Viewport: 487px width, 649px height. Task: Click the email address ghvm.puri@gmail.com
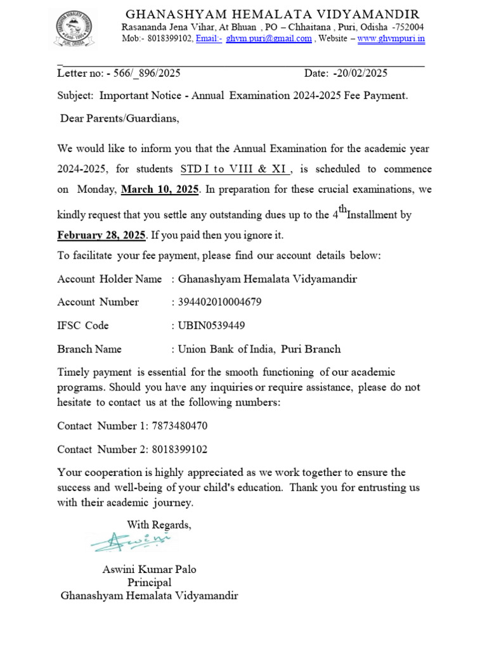coord(269,39)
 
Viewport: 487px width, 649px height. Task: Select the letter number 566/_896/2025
coord(147,73)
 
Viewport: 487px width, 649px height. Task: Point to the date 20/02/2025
coord(362,73)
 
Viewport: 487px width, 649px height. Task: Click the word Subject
coord(75,96)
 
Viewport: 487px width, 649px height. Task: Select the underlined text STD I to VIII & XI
coord(236,169)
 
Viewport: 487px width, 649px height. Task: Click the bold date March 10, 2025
coord(160,190)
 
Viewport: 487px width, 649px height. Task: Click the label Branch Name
coord(89,349)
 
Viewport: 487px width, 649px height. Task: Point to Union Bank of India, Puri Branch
coord(259,349)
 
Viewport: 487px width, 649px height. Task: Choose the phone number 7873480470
coord(179,426)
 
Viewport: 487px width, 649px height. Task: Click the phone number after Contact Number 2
coord(179,449)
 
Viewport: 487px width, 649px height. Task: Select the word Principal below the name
coord(150,582)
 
